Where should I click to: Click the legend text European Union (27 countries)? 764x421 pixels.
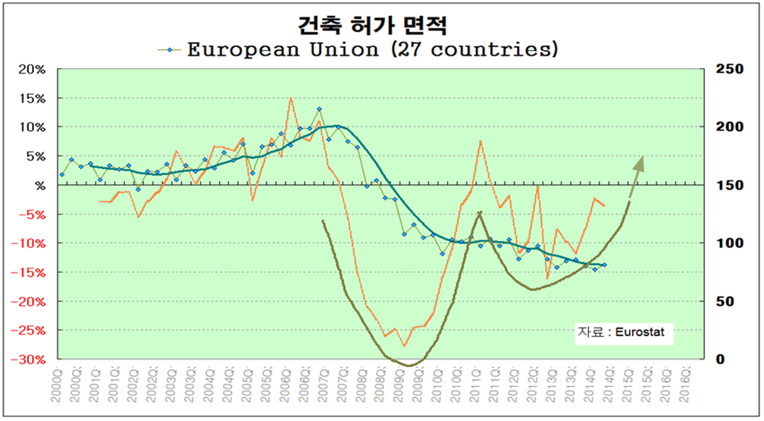pos(372,50)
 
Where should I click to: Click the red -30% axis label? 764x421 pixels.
pos(30,360)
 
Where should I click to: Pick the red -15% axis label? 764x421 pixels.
pos(30,272)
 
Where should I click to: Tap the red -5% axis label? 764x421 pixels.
pos(33,215)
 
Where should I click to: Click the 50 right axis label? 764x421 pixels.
pos(730,301)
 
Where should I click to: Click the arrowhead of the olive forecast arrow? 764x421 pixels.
pos(641,161)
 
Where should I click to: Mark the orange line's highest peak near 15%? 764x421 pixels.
pos(290,98)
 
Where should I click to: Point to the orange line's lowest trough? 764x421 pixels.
pos(405,346)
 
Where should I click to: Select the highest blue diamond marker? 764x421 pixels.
pos(319,109)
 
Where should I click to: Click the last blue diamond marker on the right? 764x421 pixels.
pos(604,265)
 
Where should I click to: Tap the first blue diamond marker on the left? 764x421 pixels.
pos(62,174)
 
